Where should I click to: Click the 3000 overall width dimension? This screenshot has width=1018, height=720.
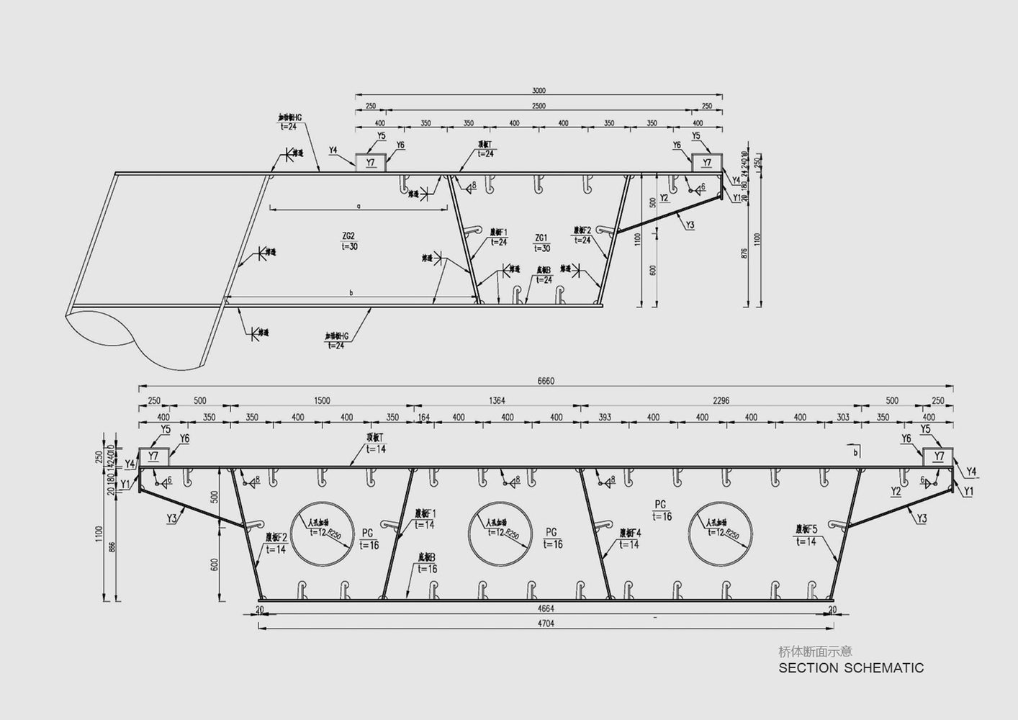click(539, 91)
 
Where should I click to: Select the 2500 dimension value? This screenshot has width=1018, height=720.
click(539, 107)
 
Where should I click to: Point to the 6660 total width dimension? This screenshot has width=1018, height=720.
click(545, 382)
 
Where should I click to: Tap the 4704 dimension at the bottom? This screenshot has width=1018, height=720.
click(545, 624)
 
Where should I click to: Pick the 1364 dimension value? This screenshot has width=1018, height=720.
click(497, 401)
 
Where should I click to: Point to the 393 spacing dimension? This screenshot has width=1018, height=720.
click(605, 418)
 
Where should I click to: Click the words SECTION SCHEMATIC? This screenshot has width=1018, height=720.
click(851, 667)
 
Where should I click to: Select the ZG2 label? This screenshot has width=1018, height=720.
click(348, 235)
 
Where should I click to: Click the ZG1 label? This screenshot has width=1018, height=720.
click(541, 238)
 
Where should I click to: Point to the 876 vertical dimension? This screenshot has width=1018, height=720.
click(744, 253)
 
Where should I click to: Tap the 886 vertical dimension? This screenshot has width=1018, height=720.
click(111, 548)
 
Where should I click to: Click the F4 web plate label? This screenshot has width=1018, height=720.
click(629, 534)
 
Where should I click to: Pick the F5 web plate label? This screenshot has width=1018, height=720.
click(806, 529)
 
